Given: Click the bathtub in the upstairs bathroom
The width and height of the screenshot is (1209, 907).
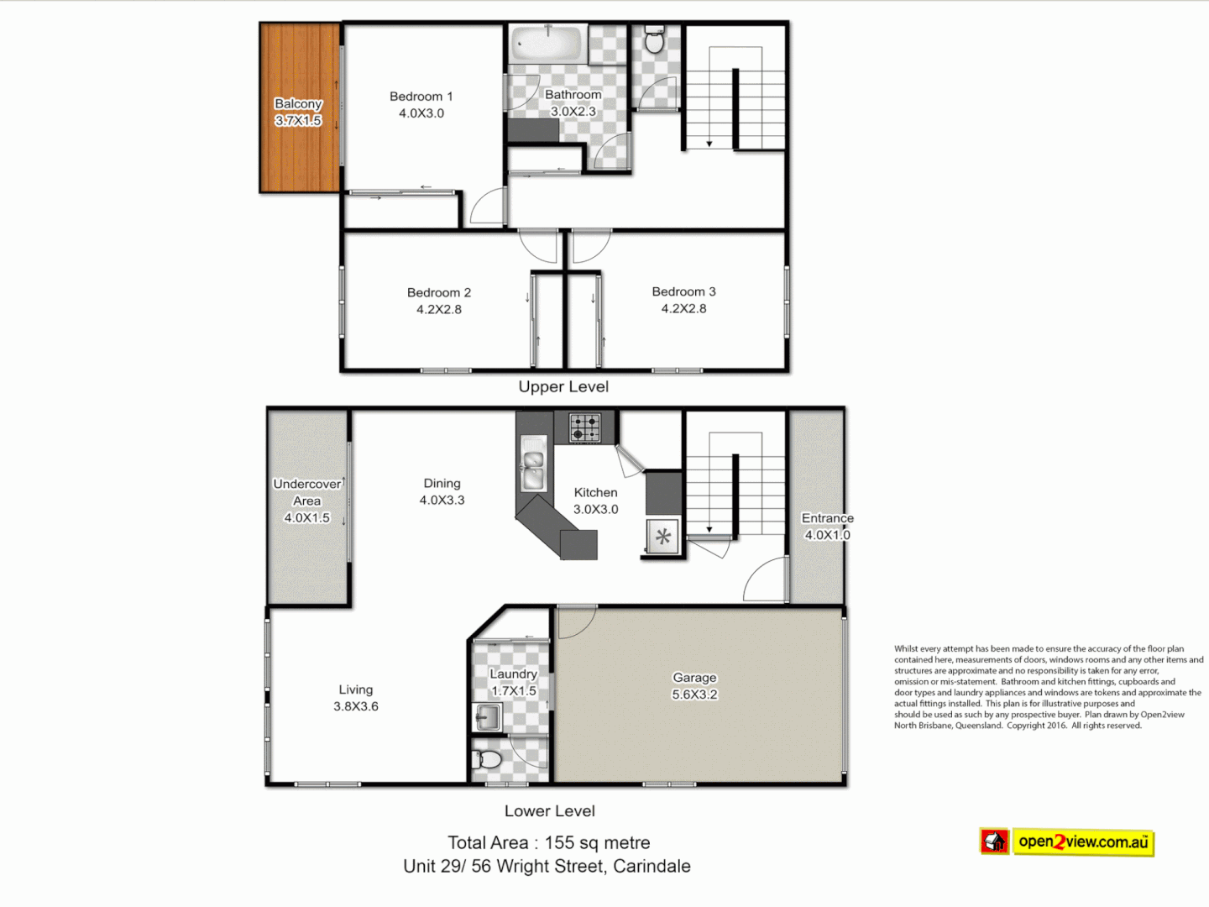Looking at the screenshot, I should [547, 43].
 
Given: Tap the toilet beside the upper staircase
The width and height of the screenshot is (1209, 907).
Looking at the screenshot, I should [654, 39].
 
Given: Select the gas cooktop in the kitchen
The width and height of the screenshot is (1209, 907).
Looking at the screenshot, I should [585, 427].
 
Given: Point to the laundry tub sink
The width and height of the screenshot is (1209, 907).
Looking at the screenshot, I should [487, 716].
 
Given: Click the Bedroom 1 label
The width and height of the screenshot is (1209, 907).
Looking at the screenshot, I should [421, 97].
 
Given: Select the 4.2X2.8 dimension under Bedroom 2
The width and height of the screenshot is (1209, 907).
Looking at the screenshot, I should [439, 309].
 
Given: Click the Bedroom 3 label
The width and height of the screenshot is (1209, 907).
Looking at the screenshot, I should [683, 291].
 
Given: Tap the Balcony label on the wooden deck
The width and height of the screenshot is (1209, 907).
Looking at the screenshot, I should [298, 103].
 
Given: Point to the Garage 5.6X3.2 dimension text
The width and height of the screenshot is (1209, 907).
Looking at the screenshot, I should [694, 695].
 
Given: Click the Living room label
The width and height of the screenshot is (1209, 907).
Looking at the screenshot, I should [356, 689].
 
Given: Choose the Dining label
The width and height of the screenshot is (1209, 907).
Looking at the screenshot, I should [442, 483].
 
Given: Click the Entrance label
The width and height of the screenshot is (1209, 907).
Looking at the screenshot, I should [827, 518].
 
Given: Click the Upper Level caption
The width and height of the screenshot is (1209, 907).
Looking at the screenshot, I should [563, 386].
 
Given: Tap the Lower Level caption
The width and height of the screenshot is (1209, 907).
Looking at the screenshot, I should [550, 810].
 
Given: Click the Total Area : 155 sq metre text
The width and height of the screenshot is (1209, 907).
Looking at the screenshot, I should [549, 842].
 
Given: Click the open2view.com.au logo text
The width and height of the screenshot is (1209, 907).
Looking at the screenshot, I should [1083, 841].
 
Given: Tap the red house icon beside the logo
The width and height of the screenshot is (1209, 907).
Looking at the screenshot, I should [995, 841].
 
